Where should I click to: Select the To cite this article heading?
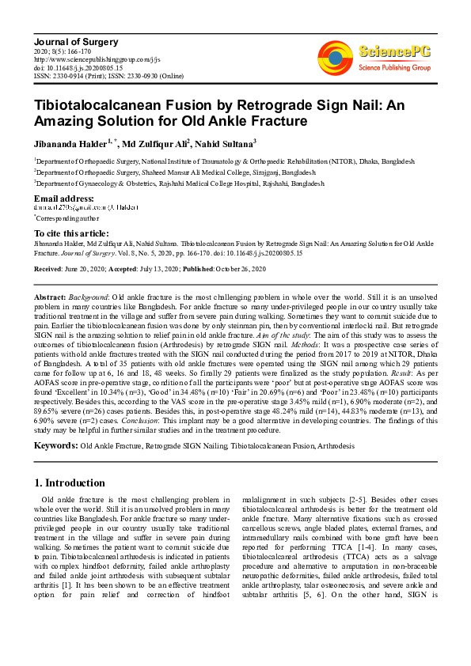(x=72, y=233)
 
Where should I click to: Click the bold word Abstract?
(x=49, y=294)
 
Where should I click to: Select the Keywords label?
(x=55, y=446)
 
